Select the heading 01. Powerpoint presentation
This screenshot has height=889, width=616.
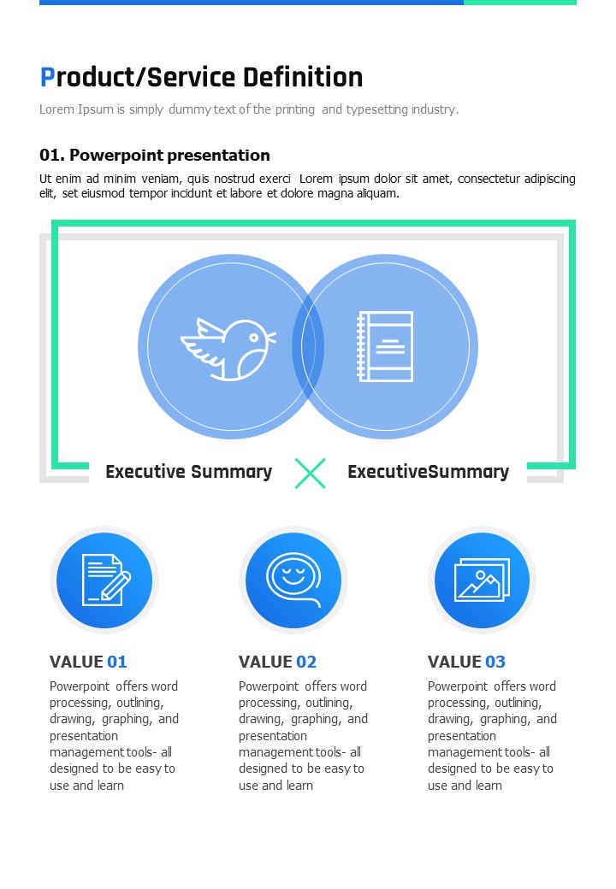click(155, 156)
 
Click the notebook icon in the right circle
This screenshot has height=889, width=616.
click(385, 346)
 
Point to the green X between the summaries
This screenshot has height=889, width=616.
click(310, 473)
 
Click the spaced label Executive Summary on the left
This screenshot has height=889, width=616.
click(188, 472)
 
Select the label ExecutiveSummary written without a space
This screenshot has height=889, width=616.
click(428, 472)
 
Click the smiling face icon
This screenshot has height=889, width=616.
click(293, 579)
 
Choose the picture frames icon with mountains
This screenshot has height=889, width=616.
click(483, 580)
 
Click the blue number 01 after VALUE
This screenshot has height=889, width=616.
click(116, 662)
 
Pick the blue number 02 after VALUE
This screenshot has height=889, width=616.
click(306, 662)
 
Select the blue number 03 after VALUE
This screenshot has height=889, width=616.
click(495, 662)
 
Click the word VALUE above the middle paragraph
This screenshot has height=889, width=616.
click(265, 662)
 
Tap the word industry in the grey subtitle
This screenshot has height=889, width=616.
click(435, 109)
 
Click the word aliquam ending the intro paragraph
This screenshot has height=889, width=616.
click(375, 194)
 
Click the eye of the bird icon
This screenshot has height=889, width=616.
click(253, 338)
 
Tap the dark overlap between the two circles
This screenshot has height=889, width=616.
click(308, 347)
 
